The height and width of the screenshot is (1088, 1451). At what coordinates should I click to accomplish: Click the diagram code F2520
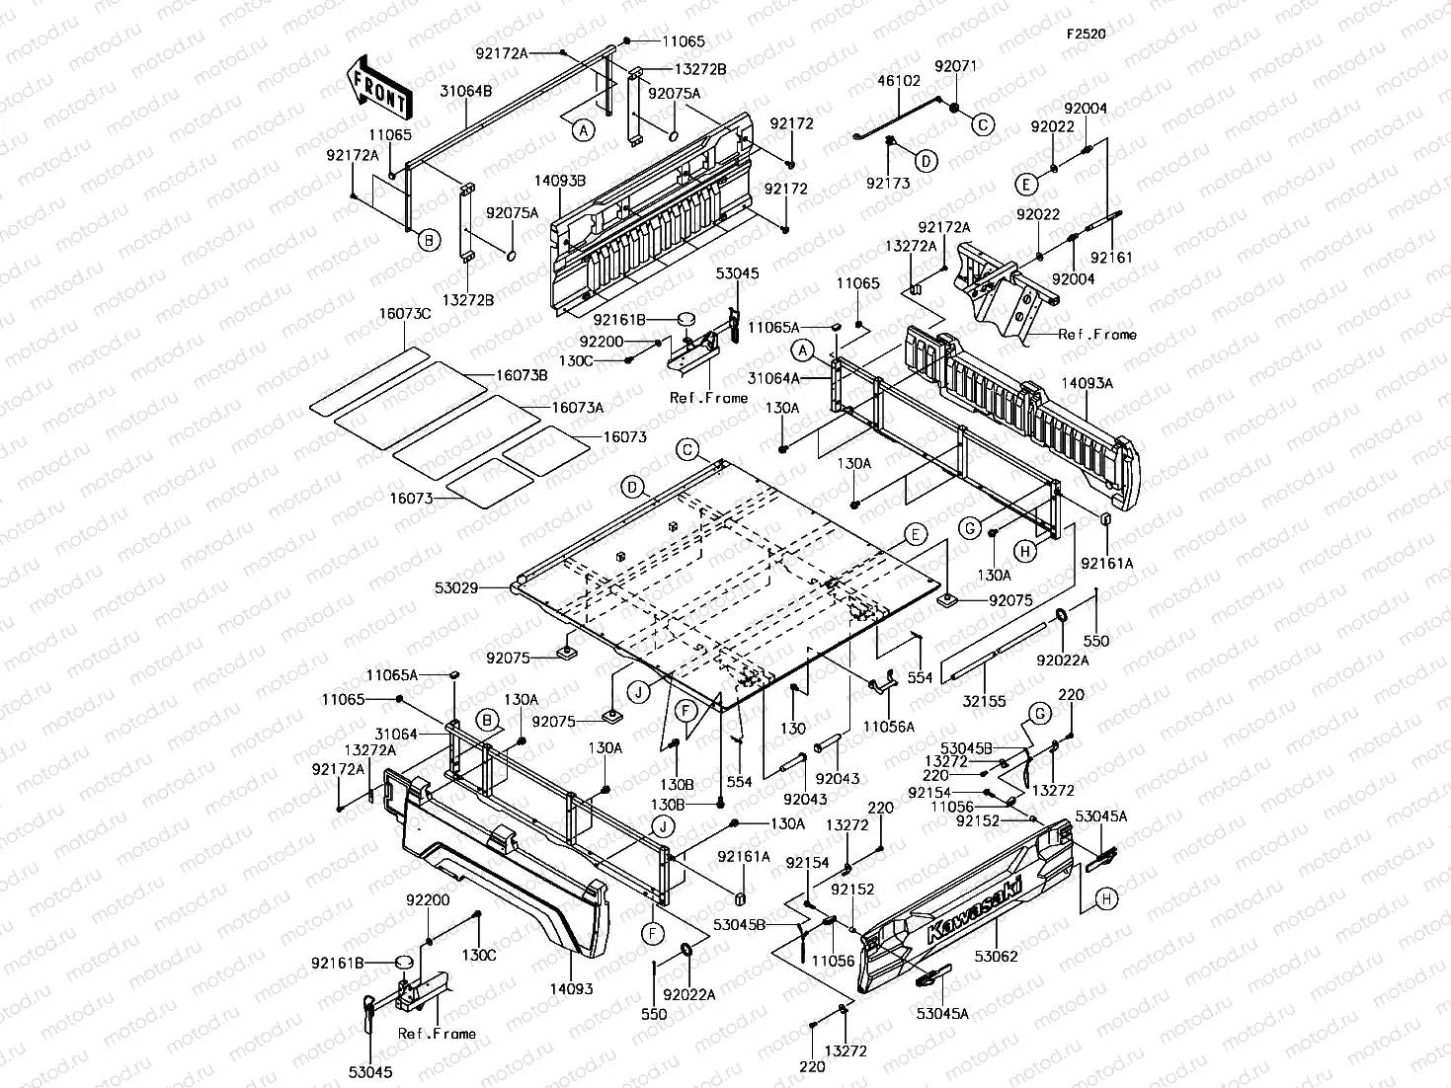(x=1085, y=34)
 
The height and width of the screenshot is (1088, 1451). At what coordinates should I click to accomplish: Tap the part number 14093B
(x=559, y=181)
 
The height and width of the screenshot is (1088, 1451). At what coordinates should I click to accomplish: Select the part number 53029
(x=456, y=588)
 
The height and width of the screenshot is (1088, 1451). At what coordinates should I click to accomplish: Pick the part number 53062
(x=995, y=957)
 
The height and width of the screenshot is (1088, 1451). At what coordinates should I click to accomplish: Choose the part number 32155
(x=984, y=702)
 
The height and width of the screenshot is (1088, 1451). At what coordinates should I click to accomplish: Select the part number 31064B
(x=465, y=91)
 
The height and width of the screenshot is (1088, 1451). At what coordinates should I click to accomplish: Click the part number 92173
(x=888, y=183)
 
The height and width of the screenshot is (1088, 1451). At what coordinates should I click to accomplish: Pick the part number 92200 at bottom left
(x=428, y=900)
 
